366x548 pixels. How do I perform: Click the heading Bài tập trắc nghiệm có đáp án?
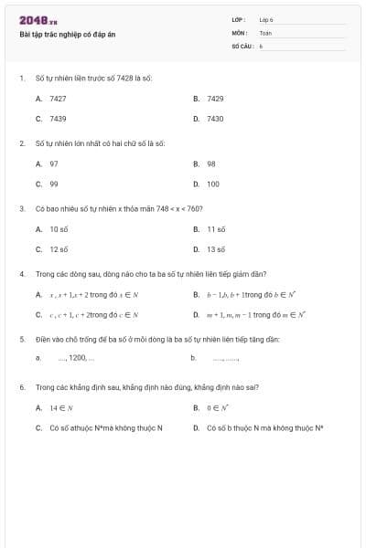(68, 35)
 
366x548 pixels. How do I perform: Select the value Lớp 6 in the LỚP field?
(266, 19)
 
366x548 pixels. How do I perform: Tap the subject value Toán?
(265, 32)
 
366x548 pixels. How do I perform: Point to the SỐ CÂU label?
(241, 45)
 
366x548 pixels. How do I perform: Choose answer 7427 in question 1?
(58, 98)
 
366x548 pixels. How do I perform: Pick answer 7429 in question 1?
(215, 98)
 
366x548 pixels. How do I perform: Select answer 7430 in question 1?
(215, 119)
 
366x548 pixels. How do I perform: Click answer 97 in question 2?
(54, 163)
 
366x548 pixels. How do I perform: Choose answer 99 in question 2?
(54, 184)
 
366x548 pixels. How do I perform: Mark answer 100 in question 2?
(213, 184)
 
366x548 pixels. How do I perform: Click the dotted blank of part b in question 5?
(226, 358)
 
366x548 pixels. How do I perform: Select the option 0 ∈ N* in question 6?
(217, 406)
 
